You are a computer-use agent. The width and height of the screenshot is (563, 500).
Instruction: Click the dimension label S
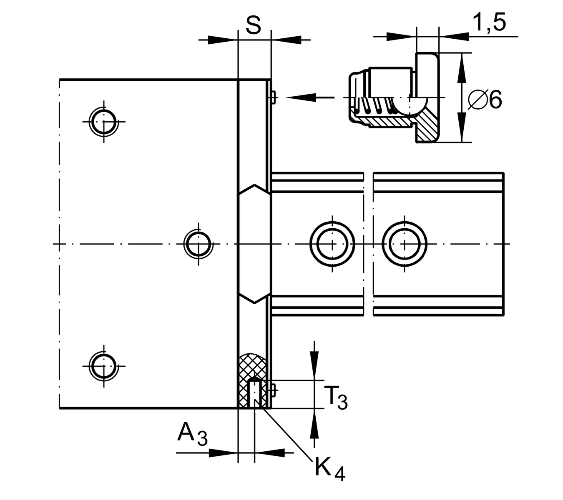coord(253,25)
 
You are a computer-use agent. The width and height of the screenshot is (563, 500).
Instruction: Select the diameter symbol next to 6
coord(476,100)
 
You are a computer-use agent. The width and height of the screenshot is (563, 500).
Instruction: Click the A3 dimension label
coord(192,434)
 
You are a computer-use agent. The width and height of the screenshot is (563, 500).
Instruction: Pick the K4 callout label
coord(330,469)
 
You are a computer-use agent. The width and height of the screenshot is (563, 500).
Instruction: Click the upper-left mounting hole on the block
coord(104,122)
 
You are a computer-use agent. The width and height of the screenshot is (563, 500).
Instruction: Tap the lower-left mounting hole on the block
coord(104,366)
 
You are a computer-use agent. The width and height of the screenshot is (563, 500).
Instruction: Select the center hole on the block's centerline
coord(198,244)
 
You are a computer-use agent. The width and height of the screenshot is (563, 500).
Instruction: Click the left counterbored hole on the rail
coord(332,244)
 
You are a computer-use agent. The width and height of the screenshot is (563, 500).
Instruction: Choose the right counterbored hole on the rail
coord(404,244)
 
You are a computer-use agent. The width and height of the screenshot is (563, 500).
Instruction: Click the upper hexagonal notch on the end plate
coord(254,189)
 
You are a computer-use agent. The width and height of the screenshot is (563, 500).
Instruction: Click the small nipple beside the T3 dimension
coord(274,390)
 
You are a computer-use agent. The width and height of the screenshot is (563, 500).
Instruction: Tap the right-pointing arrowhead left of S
coord(221,40)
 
